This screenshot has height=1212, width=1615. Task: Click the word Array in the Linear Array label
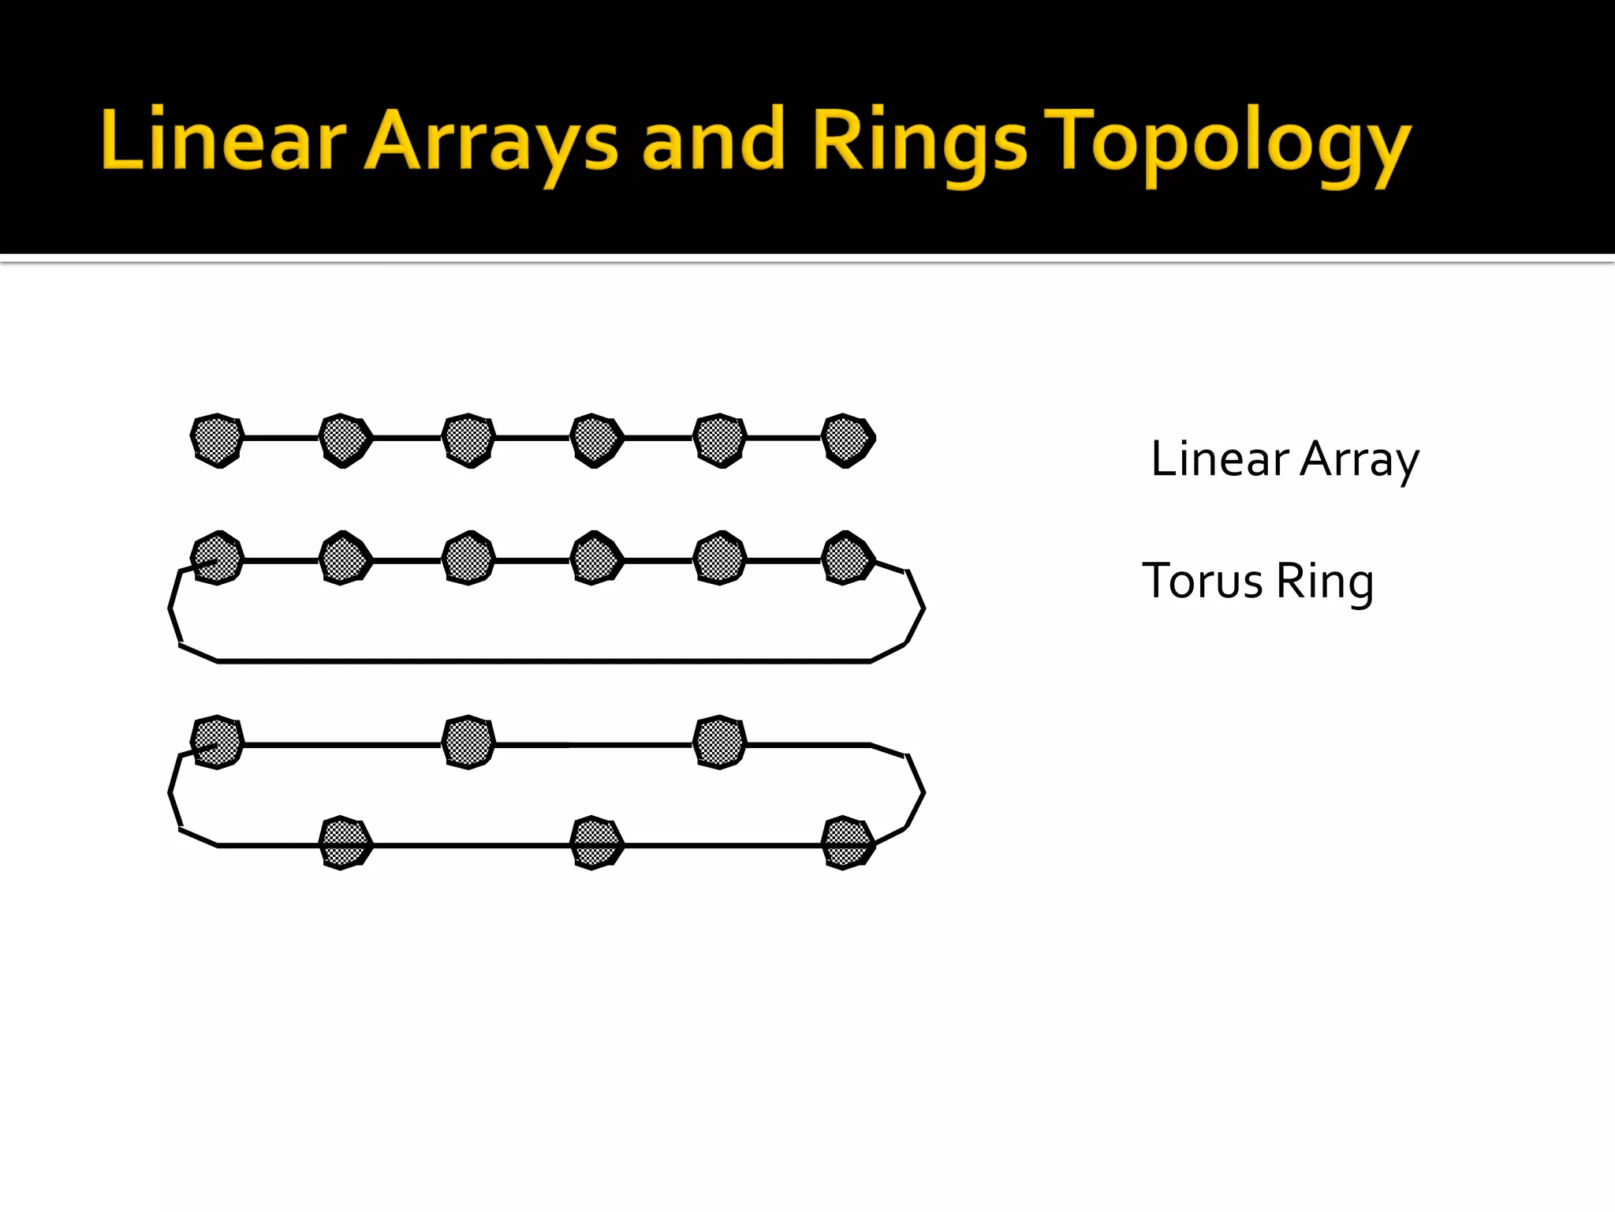1360,459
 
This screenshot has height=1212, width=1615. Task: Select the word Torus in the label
1202,582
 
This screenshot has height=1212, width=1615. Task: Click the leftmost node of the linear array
217,440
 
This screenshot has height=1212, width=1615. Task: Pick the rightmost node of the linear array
848,440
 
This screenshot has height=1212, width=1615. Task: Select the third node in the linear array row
468,440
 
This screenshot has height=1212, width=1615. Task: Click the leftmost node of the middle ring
217,558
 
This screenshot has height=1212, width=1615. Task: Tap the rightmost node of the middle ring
848,558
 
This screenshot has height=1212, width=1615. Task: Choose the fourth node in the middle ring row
595,558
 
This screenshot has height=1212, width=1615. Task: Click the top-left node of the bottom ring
217,742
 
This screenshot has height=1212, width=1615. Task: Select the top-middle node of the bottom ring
468,742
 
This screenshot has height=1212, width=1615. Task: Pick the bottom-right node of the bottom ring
847,843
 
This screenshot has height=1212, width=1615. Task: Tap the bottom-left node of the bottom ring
344,843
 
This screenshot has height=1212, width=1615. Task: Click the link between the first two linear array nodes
281,437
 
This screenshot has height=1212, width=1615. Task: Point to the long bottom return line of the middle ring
544,661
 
